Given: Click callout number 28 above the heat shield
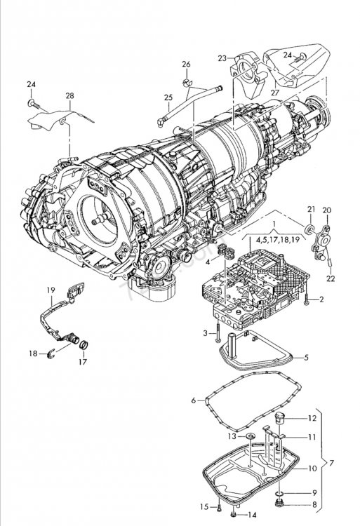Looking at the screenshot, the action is tap(69, 96).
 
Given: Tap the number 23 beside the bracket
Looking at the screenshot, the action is tap(222, 58).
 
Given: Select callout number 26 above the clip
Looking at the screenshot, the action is tap(186, 64).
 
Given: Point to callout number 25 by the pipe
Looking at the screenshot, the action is tap(168, 97).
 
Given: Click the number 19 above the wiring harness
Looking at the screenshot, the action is tap(51, 290).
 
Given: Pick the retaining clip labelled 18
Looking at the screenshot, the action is tap(51, 353).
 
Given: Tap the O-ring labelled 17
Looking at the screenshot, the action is tap(84, 344).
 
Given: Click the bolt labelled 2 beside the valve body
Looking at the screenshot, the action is tap(307, 299).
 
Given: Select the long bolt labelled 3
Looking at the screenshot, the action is tap(218, 330).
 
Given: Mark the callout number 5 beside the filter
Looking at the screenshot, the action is tap(306, 358).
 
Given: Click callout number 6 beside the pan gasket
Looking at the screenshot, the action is tap(193, 400).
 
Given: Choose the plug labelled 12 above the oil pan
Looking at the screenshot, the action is tap(279, 417).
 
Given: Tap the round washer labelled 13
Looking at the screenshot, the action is tap(250, 436).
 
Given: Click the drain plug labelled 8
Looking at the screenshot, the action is tap(279, 503).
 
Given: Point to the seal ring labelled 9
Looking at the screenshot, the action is tap(279, 494).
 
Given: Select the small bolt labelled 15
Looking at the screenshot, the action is tap(219, 506).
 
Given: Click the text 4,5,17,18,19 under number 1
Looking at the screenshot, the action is tap(277, 240).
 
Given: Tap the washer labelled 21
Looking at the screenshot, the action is tap(310, 229).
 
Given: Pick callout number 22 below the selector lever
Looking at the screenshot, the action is tap(331, 278).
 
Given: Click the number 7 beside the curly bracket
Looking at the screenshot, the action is tap(331, 464).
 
